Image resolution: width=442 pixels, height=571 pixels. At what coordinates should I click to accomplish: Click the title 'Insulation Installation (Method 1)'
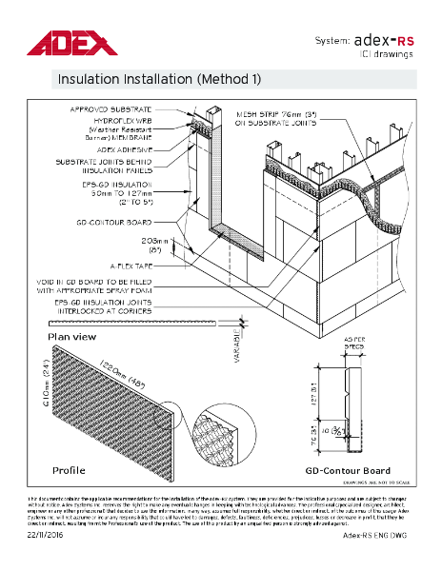pyautogui.click(x=159, y=78)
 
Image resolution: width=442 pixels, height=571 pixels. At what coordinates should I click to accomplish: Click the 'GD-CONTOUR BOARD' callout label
pyautogui.click(x=132, y=220)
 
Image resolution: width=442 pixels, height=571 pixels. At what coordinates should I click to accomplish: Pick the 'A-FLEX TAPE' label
pyautogui.click(x=150, y=265)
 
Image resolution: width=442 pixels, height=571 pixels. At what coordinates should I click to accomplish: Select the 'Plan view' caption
pyautogui.click(x=71, y=337)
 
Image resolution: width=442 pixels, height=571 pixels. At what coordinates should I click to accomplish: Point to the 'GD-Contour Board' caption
pyautogui.click(x=347, y=470)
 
